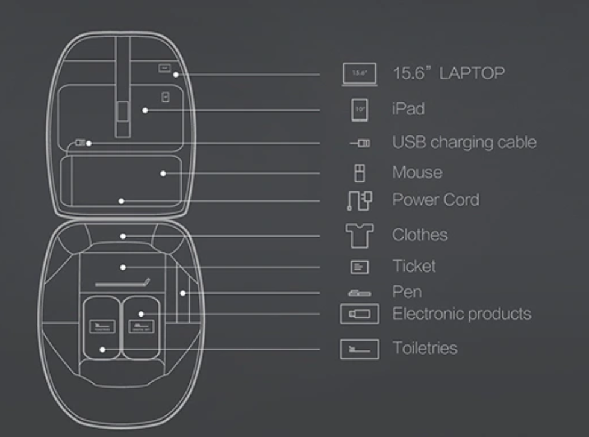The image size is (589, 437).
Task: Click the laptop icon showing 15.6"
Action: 360,74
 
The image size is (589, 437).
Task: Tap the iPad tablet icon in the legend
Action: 360,110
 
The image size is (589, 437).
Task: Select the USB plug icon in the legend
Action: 361,143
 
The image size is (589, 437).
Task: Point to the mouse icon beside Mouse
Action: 359,173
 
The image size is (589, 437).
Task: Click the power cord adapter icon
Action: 359,200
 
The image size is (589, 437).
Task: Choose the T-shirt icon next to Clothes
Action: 360,235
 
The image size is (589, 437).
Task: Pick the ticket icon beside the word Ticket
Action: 360,267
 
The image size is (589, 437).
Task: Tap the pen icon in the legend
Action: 360,293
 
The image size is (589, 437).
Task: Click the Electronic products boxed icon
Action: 360,314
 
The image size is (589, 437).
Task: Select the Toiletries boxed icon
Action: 360,349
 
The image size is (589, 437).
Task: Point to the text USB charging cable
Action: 464,143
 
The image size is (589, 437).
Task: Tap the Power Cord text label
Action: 435,199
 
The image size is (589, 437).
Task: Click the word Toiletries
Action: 425,348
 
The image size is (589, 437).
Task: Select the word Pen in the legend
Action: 407,293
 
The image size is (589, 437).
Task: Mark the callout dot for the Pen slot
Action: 182,293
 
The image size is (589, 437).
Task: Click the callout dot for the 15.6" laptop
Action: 175,75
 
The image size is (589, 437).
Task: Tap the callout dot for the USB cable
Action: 89,143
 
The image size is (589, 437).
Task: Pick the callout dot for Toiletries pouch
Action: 103,349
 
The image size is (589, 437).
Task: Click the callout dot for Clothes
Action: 123,236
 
